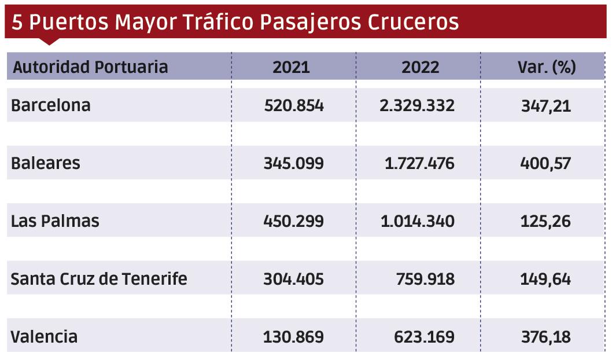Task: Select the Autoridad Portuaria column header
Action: point(90,67)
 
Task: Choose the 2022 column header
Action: point(420,67)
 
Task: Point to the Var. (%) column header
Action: point(546,67)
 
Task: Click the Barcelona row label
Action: point(51,106)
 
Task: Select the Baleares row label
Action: point(46,163)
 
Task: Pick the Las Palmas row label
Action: point(56,221)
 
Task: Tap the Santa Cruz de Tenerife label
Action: point(99,279)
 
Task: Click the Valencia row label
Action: point(45,337)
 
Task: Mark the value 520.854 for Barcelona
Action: point(294,106)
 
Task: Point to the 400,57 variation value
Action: point(545,163)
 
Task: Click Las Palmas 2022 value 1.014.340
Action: point(417,221)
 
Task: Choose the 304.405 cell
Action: point(294,279)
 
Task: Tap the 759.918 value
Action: point(425,279)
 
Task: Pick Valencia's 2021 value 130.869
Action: point(294,337)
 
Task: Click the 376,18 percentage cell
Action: point(545,337)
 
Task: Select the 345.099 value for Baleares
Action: point(294,163)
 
